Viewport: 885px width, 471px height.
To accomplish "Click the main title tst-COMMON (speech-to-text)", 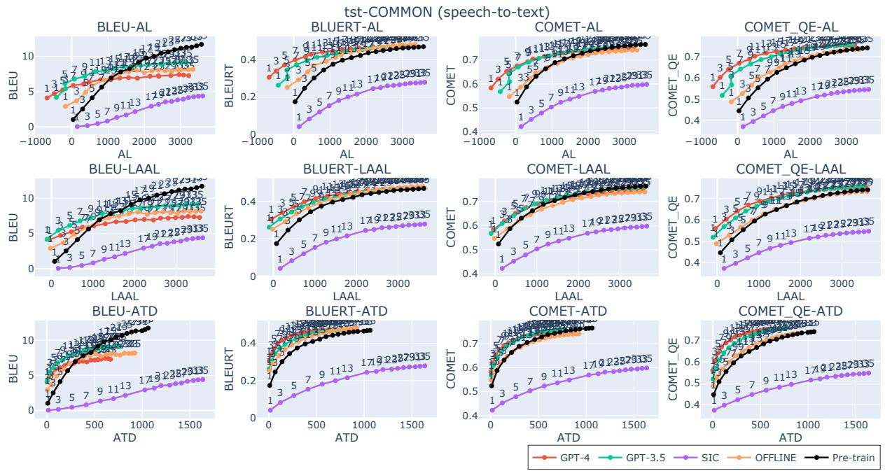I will [442, 12].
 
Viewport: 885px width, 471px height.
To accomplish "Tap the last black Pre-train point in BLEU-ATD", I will [148, 328].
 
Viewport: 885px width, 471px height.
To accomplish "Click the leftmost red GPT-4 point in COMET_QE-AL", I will [713, 87].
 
